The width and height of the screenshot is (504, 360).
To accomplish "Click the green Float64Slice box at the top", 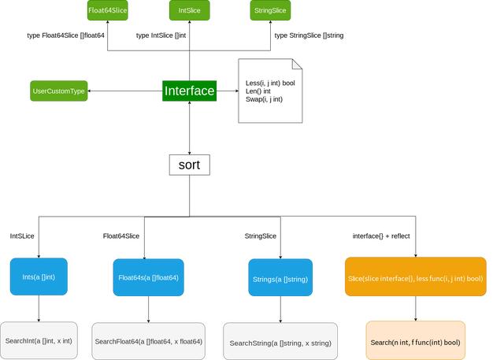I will pyautogui.click(x=107, y=10).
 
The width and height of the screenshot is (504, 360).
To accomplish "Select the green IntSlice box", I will pyautogui.click(x=189, y=10).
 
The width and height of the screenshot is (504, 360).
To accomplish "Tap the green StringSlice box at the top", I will pyautogui.click(x=270, y=10).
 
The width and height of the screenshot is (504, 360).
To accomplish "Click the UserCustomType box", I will pyautogui.click(x=58, y=91).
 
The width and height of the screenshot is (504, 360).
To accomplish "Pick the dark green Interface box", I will pyautogui.click(x=189, y=91).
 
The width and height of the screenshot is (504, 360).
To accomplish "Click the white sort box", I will pyautogui.click(x=189, y=165).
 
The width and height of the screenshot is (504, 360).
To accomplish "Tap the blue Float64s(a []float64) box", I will pyautogui.click(x=148, y=278).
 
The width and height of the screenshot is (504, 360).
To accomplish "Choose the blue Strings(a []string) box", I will pyautogui.click(x=280, y=278).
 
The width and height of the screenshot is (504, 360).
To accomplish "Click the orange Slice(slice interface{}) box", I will pyautogui.click(x=415, y=278).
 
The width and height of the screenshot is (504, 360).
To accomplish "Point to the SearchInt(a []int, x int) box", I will pyautogui.click(x=39, y=340).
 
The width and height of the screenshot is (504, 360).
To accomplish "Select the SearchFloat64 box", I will pyautogui.click(x=148, y=341).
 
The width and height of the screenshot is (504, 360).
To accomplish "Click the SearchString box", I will pyautogui.click(x=280, y=343).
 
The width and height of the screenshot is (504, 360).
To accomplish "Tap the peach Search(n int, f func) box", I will pyautogui.click(x=415, y=342).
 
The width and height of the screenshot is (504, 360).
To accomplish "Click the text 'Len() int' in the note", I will pyautogui.click(x=259, y=91).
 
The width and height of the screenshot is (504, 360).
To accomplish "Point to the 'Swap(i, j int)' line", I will pyautogui.click(x=264, y=99).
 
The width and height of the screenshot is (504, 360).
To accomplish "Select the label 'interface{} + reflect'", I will pyautogui.click(x=380, y=236).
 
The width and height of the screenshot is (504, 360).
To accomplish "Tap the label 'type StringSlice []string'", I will pyautogui.click(x=309, y=35).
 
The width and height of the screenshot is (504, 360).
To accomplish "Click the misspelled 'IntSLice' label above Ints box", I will pyautogui.click(x=22, y=236).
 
